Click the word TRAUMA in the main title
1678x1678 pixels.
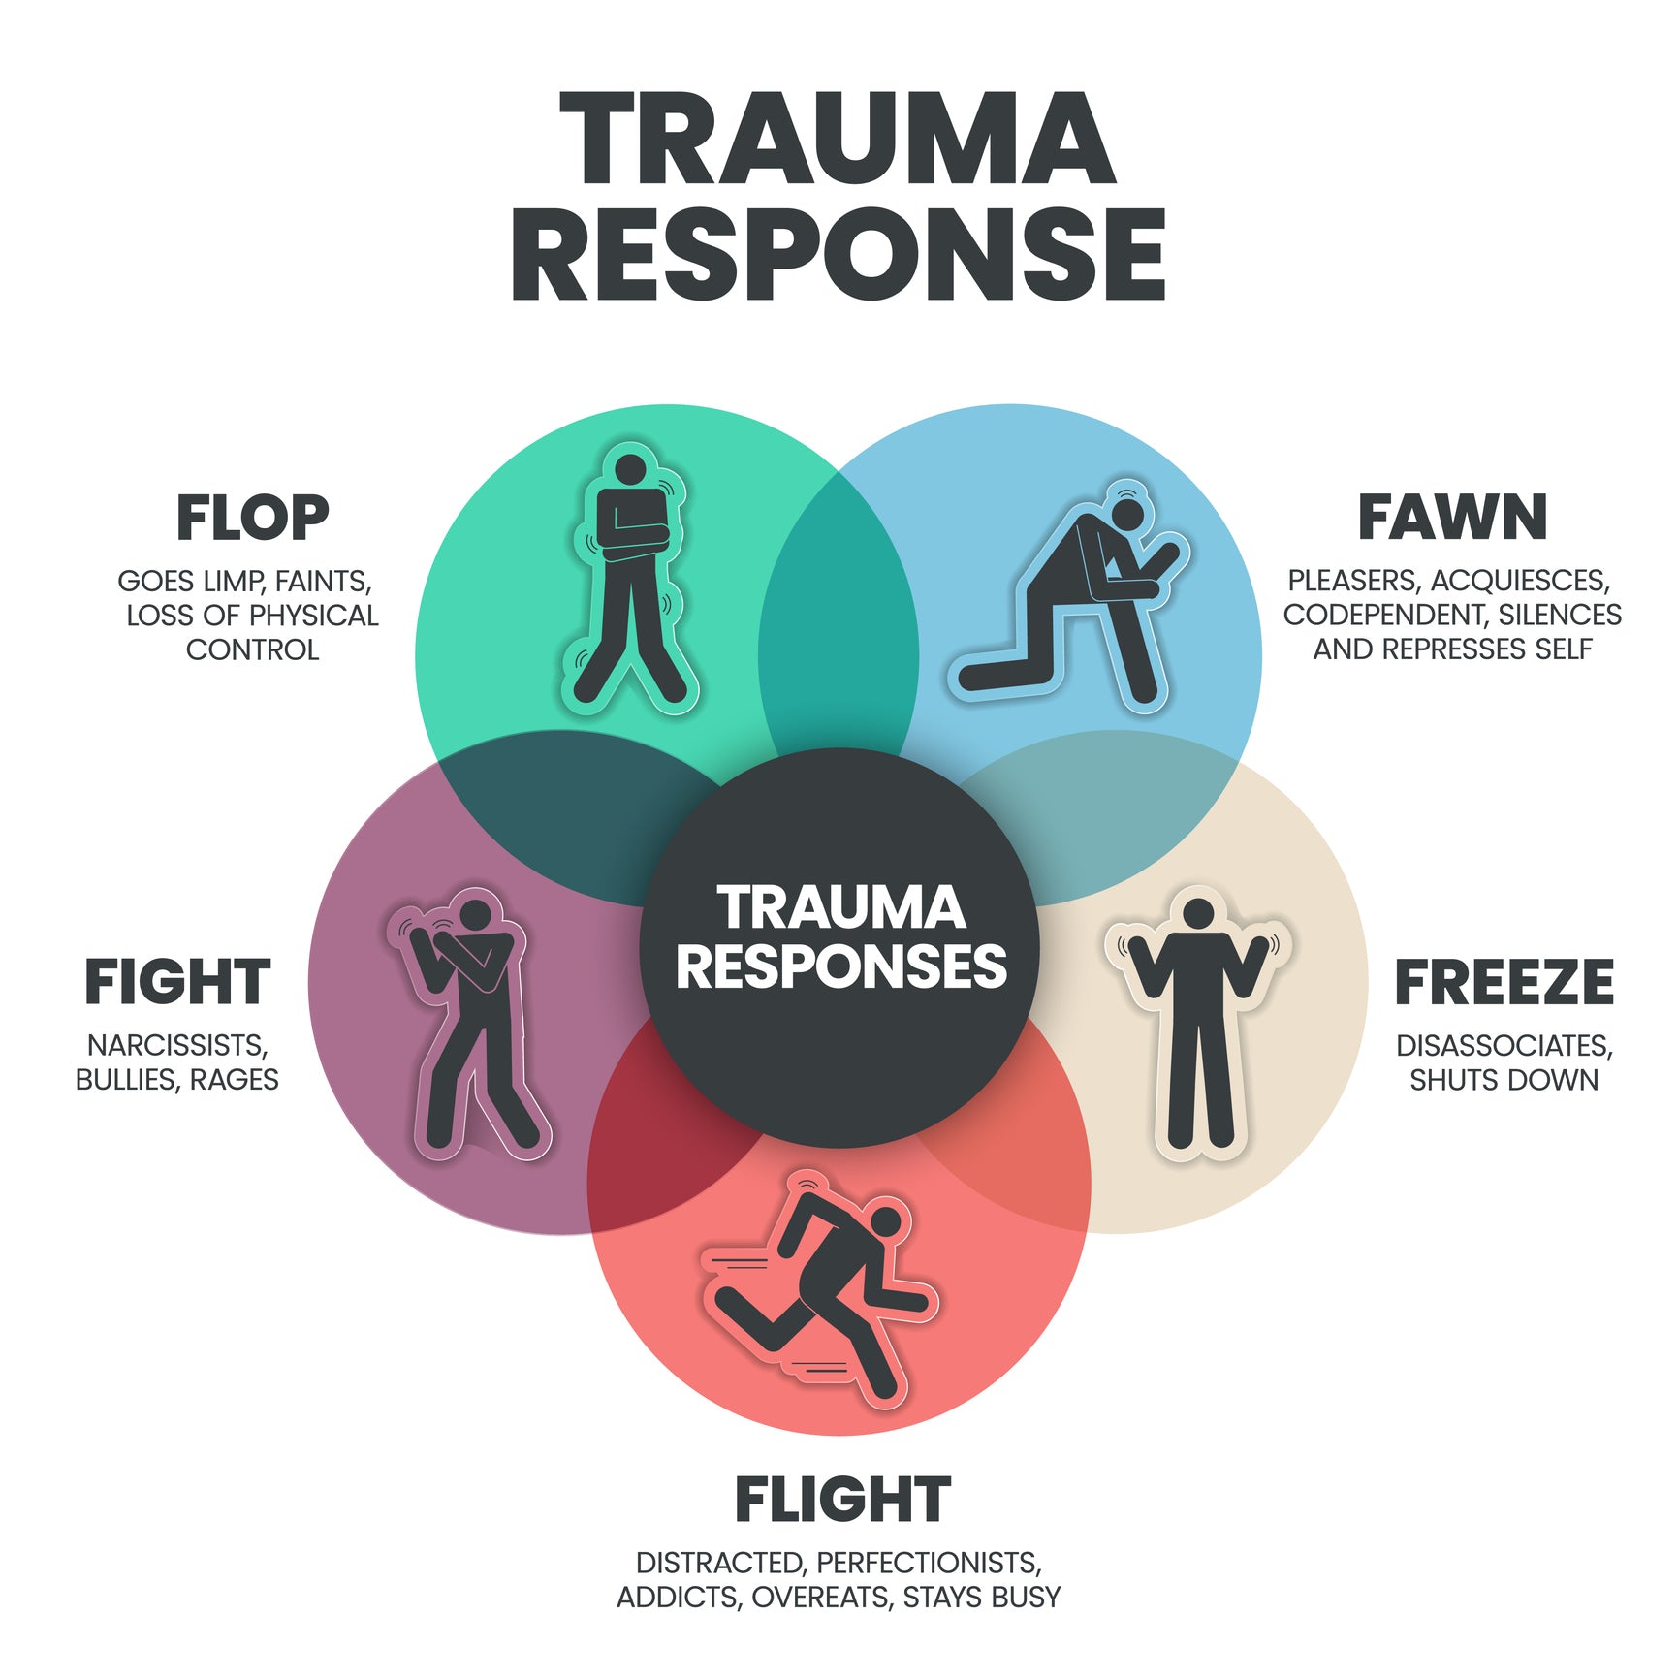pos(838,139)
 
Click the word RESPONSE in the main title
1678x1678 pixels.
pos(838,255)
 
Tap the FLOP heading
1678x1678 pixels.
pos(252,518)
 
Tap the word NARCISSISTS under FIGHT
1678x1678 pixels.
pos(177,1045)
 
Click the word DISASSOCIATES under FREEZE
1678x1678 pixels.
pos(1504,1046)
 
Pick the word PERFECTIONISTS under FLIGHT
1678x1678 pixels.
pos(928,1563)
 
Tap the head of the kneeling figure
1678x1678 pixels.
pos(1128,511)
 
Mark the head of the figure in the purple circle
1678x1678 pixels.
pos(475,915)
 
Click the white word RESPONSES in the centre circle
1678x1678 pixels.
pos(840,967)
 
